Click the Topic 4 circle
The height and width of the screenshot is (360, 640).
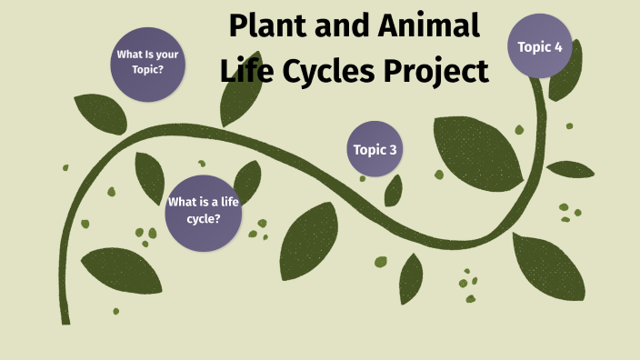540,45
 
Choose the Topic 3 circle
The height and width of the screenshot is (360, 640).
375,149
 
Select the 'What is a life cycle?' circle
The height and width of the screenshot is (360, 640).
202,212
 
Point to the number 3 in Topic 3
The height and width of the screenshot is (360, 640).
393,149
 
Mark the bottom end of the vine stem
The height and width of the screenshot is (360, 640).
65,320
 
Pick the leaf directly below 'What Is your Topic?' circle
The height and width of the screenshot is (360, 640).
100,114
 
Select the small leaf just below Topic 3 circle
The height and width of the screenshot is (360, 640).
394,190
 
